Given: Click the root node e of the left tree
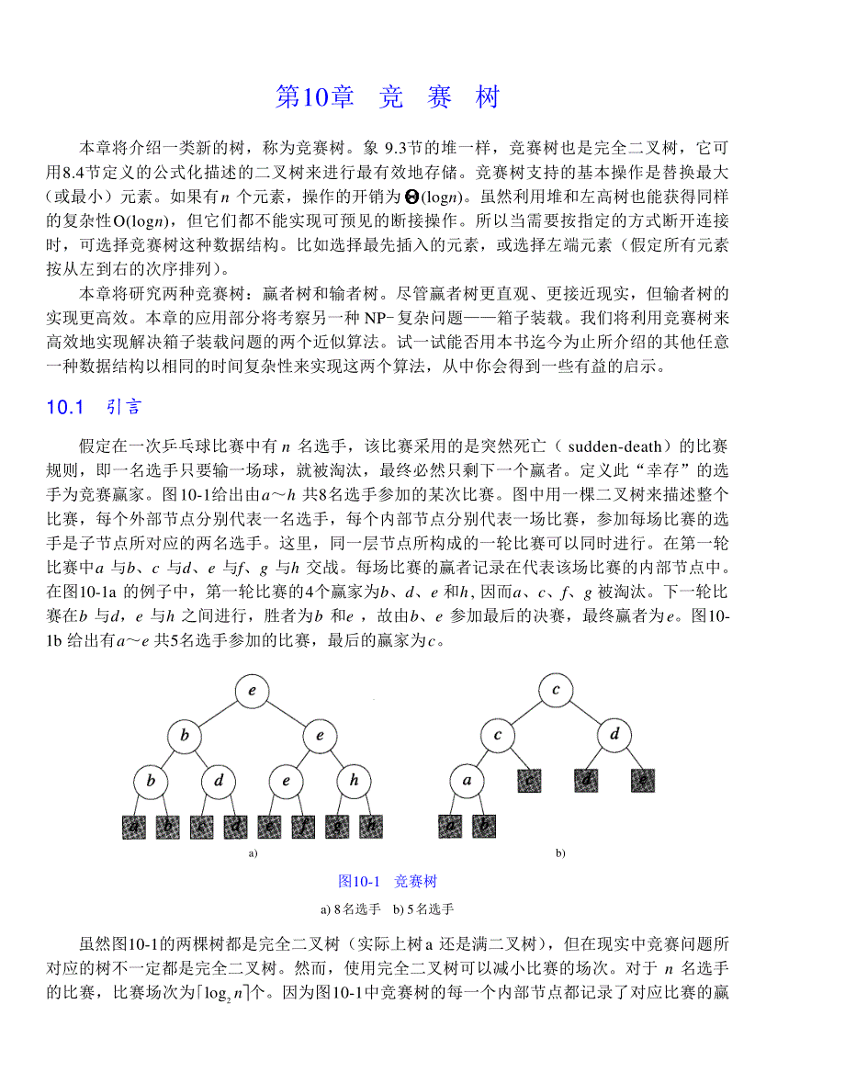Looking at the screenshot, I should click(251, 692).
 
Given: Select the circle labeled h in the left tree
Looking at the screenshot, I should click(354, 782).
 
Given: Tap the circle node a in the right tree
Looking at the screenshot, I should click(467, 782).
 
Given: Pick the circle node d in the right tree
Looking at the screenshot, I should click(614, 736).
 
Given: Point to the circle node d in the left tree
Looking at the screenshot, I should click(219, 782).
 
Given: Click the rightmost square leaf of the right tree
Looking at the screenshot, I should click(642, 780).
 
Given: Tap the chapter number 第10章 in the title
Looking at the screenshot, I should click(314, 97).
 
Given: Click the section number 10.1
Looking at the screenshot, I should click(65, 408).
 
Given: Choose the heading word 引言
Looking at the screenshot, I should click(123, 408).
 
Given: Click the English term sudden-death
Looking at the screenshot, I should click(614, 446).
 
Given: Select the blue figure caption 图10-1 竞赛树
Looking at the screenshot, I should click(388, 881).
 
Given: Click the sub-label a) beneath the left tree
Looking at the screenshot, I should click(251, 853).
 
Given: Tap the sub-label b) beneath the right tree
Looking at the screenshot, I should click(559, 853).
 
